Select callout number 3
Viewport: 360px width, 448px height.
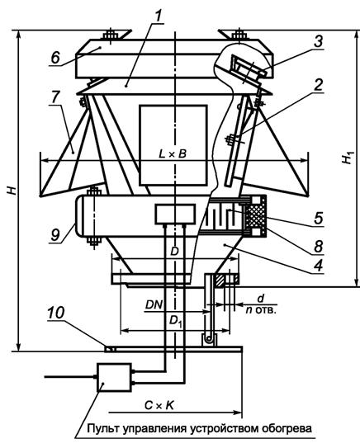[317, 41]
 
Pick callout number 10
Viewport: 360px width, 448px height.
[56, 313]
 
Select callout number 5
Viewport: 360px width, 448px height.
[318, 219]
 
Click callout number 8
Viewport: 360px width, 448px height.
[318, 247]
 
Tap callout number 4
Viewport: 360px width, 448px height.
[318, 266]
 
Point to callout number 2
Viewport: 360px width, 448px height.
[317, 85]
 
